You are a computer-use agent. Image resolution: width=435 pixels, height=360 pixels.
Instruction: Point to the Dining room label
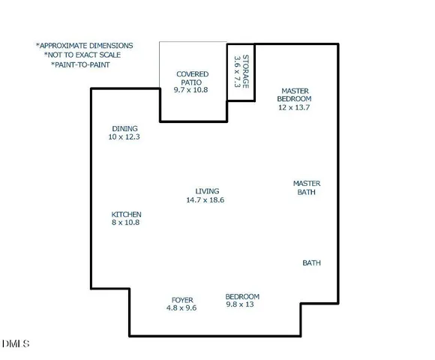click(x=124, y=128)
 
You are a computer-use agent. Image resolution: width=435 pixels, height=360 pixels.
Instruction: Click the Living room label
click(x=207, y=191)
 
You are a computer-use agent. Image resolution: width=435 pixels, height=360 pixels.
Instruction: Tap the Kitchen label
click(x=126, y=214)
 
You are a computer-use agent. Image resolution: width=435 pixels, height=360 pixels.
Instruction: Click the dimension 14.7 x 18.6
click(x=205, y=200)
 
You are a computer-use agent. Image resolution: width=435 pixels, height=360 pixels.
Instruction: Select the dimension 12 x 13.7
click(x=293, y=108)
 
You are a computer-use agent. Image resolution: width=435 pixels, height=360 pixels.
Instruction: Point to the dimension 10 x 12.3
click(x=124, y=137)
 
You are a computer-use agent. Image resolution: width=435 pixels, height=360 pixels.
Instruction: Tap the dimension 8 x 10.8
click(x=126, y=223)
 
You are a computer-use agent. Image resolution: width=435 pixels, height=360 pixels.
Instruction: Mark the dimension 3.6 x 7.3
click(x=236, y=72)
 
